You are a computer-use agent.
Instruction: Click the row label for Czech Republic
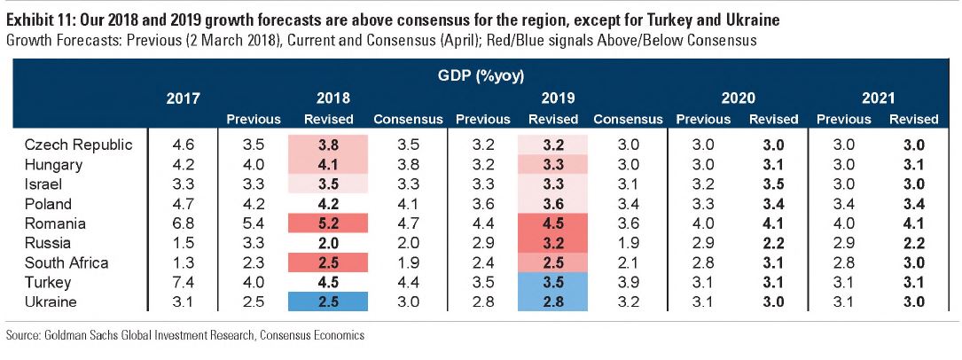click(x=78, y=145)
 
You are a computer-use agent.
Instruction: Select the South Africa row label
click(x=66, y=262)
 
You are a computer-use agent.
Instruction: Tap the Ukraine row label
click(x=52, y=301)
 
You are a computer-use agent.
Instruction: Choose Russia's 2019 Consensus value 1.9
click(x=628, y=243)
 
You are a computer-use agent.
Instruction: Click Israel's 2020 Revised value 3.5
click(x=773, y=184)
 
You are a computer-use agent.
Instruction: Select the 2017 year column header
click(x=184, y=98)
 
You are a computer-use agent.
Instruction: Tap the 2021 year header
click(x=878, y=98)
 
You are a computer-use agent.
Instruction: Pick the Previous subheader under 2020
click(x=703, y=119)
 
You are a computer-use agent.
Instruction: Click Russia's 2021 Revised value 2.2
click(x=913, y=243)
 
